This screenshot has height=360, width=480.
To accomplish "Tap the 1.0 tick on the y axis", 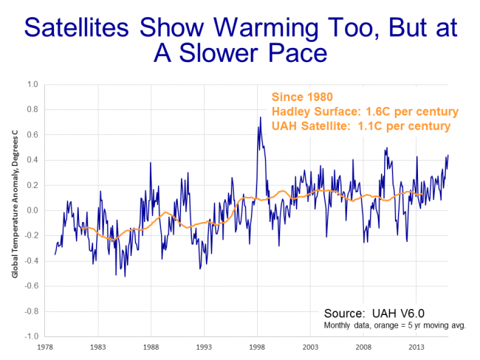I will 32,84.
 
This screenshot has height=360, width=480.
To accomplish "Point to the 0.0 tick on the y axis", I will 32,210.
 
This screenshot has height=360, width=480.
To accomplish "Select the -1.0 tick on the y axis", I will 30,336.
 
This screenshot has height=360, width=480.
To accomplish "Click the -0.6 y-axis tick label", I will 30,286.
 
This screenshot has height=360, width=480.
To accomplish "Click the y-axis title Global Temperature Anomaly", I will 14,210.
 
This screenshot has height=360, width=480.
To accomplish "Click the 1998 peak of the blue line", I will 258,118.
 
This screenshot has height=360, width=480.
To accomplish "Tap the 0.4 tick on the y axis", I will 32,160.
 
